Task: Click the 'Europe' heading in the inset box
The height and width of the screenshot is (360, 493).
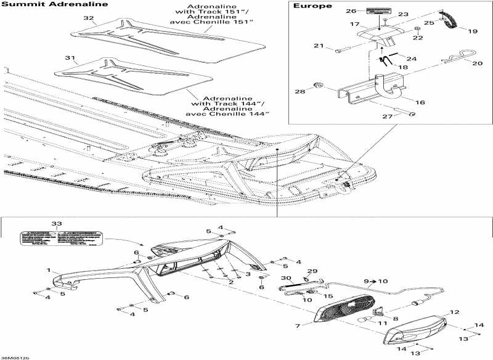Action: click(312, 6)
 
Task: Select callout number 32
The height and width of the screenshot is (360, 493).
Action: click(89, 18)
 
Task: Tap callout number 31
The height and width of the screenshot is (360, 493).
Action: click(71, 59)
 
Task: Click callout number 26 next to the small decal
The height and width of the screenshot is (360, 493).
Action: click(350, 11)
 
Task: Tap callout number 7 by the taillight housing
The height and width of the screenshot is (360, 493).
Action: click(298, 325)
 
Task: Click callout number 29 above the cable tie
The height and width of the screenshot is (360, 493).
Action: click(312, 272)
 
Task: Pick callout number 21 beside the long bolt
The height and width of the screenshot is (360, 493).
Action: click(319, 46)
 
